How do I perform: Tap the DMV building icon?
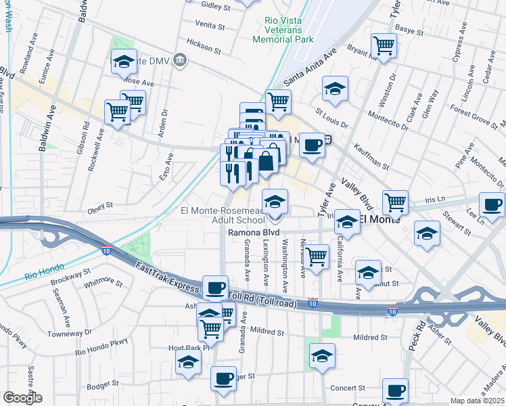[x=180, y=60]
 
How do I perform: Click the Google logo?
[x=22, y=398]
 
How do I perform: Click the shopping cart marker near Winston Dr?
[x=384, y=46]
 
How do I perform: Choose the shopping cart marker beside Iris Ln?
[x=395, y=201]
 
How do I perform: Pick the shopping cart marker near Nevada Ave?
[x=316, y=256]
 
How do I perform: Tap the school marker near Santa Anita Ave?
[x=334, y=88]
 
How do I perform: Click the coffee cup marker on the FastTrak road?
[x=215, y=288]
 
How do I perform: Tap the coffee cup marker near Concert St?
[x=395, y=390]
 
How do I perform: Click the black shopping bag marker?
[x=266, y=161]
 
